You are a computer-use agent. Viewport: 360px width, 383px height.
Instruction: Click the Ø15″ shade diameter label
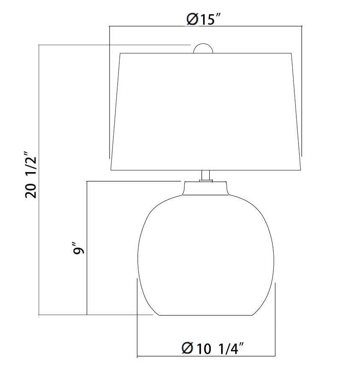tap(204, 19)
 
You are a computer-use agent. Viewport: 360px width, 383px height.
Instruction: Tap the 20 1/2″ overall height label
tap(31, 175)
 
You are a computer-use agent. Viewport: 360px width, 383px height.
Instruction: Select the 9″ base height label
tap(78, 248)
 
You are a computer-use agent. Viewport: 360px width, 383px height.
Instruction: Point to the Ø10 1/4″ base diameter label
tap(213, 348)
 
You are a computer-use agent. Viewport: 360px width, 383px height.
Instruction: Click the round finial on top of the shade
tap(203, 49)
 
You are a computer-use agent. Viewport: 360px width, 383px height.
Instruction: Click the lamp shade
tap(206, 112)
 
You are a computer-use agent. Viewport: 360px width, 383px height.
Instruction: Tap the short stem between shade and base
tap(206, 175)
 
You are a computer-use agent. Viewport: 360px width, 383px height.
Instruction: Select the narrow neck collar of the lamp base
tap(206, 188)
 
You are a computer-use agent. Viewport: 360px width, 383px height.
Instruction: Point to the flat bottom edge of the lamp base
tap(206, 315)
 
